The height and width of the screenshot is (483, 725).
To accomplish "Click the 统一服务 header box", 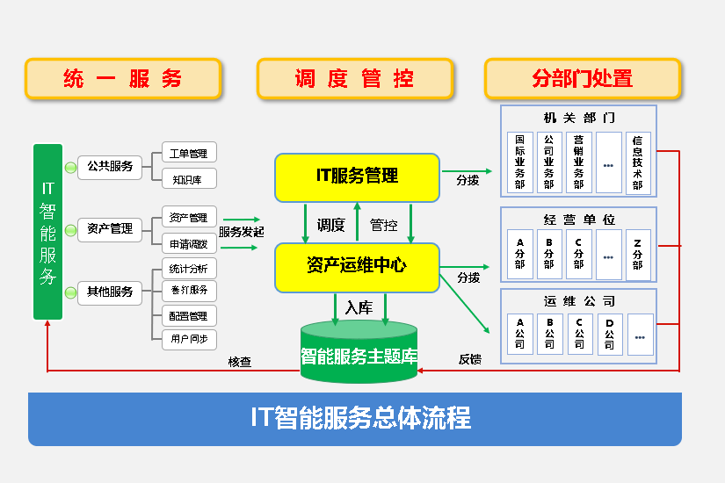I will [123, 79].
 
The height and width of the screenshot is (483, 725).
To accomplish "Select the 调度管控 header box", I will [355, 79].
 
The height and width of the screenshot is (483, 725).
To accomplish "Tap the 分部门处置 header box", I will [583, 79].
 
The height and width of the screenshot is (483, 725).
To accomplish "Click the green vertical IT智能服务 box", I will [47, 233].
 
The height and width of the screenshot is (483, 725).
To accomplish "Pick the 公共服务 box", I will [110, 166].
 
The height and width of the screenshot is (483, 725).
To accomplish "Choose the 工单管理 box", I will [188, 154].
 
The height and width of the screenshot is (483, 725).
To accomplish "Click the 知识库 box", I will [188, 179].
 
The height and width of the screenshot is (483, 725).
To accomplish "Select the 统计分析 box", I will [188, 268].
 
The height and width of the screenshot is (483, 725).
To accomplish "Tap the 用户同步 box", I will [188, 339].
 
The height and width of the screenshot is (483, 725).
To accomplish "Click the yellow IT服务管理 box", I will [357, 177].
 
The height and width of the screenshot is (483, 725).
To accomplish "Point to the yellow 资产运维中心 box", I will [357, 266].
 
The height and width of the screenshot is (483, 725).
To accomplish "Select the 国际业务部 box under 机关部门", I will [520, 162].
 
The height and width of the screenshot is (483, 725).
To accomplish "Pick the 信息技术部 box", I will [638, 162].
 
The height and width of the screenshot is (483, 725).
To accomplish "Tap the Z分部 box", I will [638, 254].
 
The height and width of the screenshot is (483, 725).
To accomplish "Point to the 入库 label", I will [359, 307].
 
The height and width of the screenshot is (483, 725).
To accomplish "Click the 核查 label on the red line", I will [240, 361].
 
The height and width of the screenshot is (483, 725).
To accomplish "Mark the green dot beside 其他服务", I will [70, 292].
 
